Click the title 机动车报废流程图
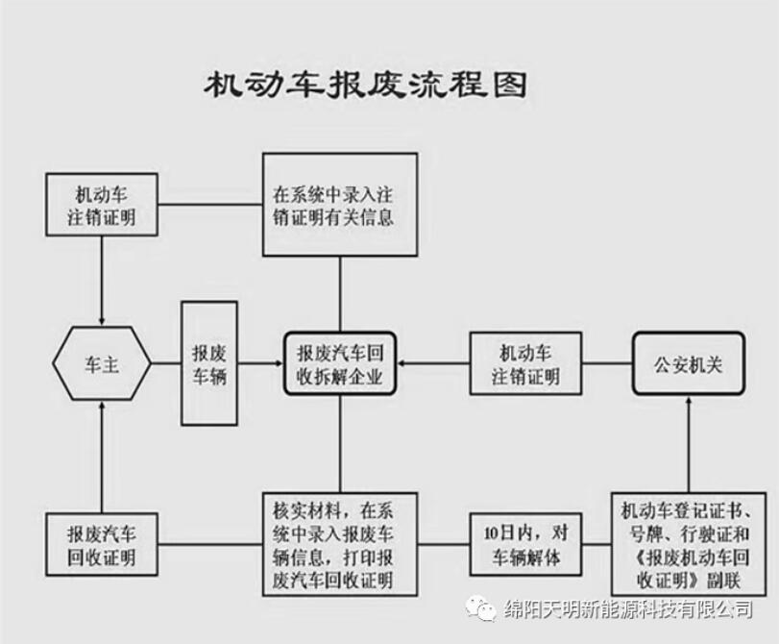[x=366, y=86]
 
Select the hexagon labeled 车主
[x=101, y=364]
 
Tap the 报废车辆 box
[x=209, y=364]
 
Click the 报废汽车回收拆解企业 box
[x=341, y=364]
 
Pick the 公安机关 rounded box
[x=688, y=364]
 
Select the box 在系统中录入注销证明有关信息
[x=340, y=204]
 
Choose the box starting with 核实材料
[x=340, y=544]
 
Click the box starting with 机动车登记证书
[x=687, y=544]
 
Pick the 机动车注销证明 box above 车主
[x=101, y=205]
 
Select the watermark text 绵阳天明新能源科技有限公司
[x=628, y=609]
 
